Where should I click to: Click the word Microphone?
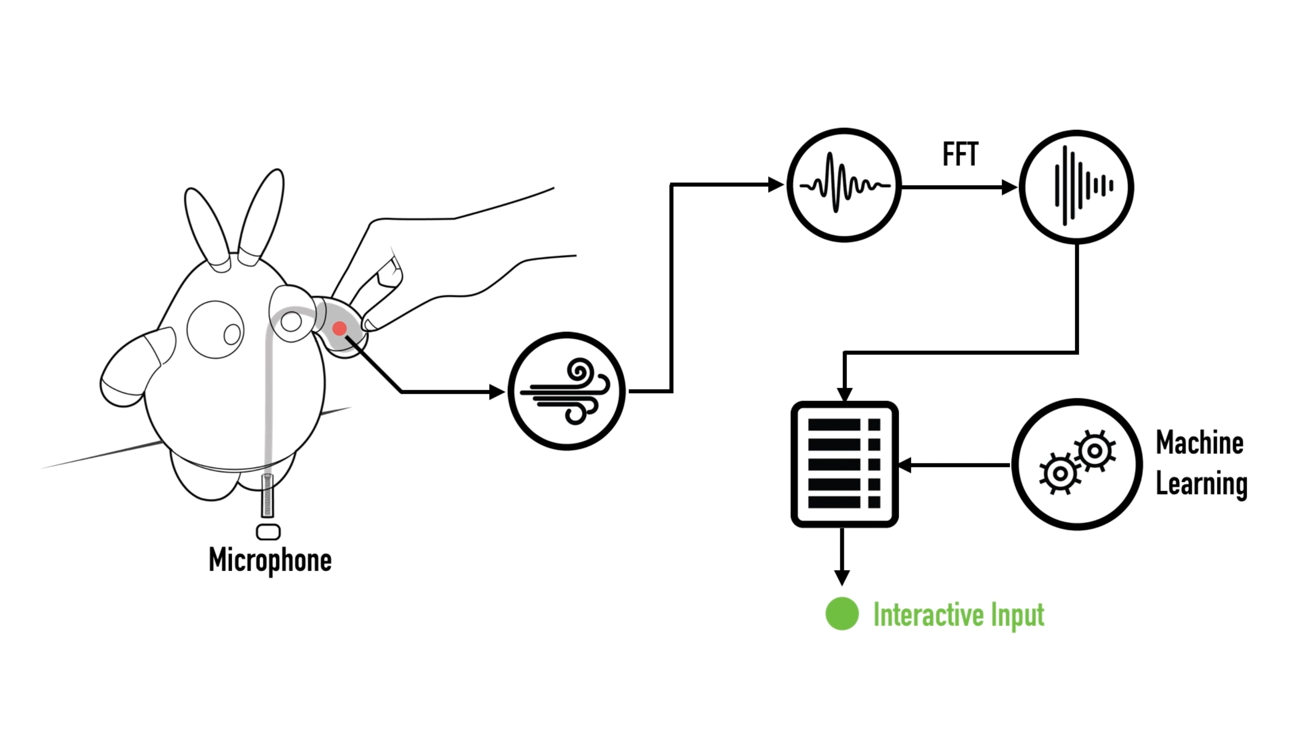(x=270, y=560)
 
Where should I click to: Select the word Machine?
(x=1200, y=443)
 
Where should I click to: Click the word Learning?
(x=1201, y=484)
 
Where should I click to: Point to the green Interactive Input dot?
(x=842, y=614)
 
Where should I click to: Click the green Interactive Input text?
(x=958, y=615)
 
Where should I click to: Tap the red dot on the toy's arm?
(x=339, y=328)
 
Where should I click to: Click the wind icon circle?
(x=566, y=391)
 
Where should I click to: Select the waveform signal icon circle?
(x=844, y=185)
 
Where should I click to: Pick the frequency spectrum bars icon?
(x=1077, y=187)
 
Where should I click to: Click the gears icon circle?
(x=1077, y=464)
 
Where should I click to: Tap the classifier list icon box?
(x=844, y=464)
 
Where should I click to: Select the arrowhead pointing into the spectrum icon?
(x=1009, y=188)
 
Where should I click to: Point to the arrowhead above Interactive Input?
(x=841, y=577)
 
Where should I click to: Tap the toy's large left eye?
(x=215, y=329)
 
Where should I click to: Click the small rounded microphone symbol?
(x=268, y=532)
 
